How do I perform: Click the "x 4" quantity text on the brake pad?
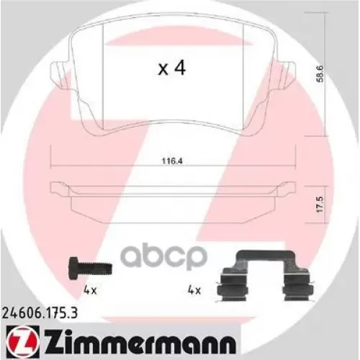[x=172, y=69]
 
